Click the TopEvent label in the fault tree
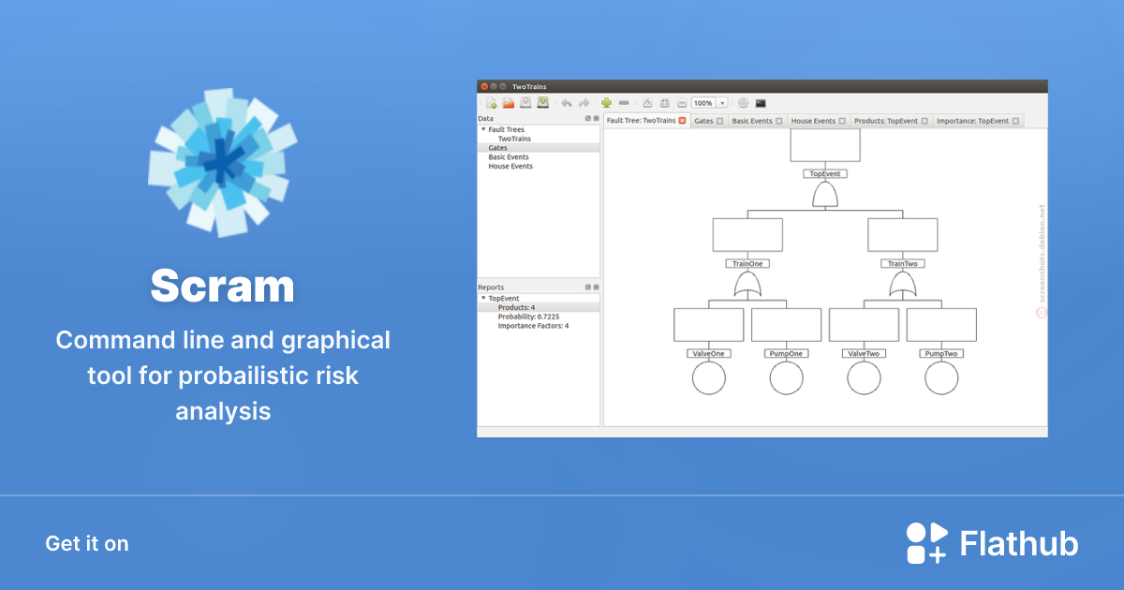tap(825, 174)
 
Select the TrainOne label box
tap(747, 264)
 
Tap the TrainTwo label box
tap(903, 264)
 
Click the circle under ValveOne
tap(709, 378)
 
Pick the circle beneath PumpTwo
tap(941, 378)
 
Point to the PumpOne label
tap(787, 354)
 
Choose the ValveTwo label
tap(864, 354)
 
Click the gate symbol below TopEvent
tap(825, 196)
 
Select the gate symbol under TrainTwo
tap(903, 286)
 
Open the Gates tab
tap(703, 121)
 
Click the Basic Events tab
tap(752, 121)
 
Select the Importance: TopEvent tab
tap(972, 121)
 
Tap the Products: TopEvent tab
tap(886, 121)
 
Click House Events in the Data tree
tap(510, 167)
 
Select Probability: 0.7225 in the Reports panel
tap(529, 317)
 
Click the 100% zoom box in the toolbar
tap(703, 103)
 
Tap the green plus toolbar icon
tap(606, 103)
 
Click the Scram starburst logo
tap(223, 162)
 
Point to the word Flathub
tap(1019, 544)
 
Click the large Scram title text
tap(222, 285)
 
